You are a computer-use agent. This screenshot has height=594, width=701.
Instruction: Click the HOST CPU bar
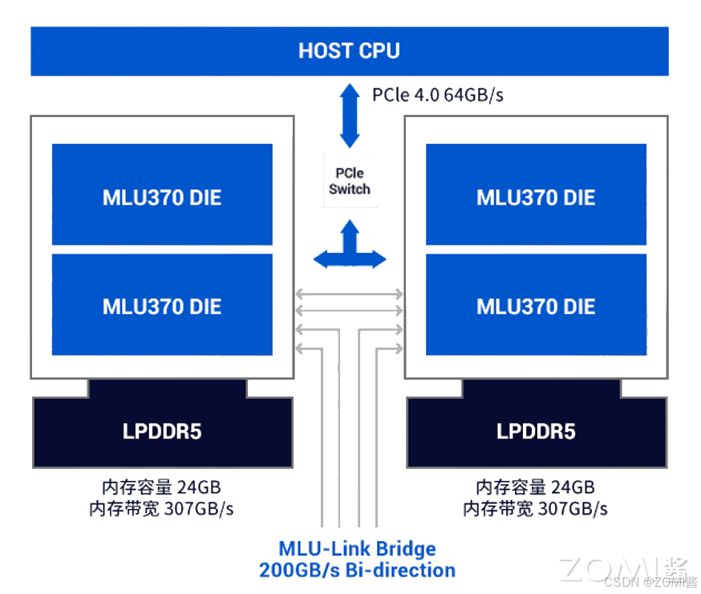[349, 51]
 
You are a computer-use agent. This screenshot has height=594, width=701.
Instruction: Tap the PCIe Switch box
[350, 181]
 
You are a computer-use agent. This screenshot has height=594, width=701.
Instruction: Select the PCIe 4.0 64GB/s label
[437, 95]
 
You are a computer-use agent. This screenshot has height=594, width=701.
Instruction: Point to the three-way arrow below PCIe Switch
[350, 247]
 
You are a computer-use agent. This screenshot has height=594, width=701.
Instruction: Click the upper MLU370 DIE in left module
[162, 195]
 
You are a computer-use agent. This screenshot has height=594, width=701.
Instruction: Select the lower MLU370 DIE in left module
[162, 305]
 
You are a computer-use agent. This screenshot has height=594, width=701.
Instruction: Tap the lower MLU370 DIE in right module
[536, 305]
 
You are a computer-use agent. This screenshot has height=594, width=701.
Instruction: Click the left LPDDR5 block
[162, 432]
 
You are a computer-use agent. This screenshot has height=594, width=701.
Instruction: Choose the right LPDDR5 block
[536, 432]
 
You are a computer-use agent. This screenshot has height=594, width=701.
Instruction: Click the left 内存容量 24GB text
[161, 487]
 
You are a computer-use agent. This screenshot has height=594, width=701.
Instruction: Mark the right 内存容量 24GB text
[535, 487]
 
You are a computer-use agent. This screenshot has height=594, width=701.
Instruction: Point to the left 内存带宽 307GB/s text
[161, 508]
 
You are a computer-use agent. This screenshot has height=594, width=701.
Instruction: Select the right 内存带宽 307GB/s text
[535, 508]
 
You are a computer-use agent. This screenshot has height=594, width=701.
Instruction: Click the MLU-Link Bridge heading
[357, 549]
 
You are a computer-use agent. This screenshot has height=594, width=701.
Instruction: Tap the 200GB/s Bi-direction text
[357, 571]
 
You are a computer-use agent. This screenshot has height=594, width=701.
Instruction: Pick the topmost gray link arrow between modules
[350, 293]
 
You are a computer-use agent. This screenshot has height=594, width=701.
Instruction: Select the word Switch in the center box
[350, 189]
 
